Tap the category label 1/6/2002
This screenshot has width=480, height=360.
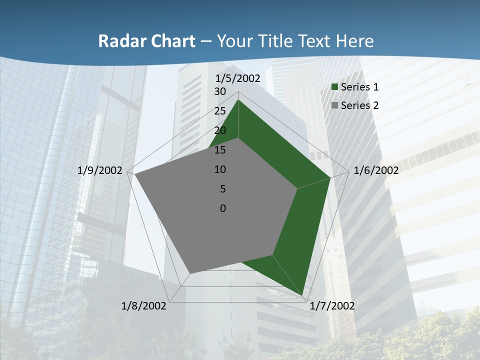coord(376,170)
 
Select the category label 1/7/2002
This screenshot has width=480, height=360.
coord(332,306)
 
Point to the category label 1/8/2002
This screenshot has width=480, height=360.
coord(144,306)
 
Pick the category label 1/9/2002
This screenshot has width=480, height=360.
coord(100,170)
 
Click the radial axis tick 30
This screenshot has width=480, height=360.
coord(220,91)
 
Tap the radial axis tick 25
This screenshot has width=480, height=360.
coord(220,111)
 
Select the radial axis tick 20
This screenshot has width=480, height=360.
coord(220,130)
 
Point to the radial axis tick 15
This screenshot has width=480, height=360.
coord(220,150)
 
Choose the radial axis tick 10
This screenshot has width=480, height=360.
coord(220,169)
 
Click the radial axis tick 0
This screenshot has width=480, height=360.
coord(223,208)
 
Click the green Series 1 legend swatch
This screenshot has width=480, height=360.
coord(335,87)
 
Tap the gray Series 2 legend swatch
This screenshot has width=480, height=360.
coord(335,105)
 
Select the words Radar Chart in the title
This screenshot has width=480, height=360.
coord(146,41)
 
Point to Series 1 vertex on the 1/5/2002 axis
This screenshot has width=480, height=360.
coord(238,100)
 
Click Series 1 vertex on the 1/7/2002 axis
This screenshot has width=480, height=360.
coord(303,295)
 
